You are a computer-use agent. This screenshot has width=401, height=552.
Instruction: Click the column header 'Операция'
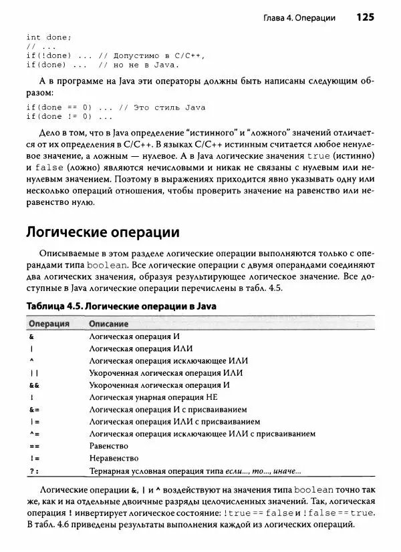(x=49, y=323)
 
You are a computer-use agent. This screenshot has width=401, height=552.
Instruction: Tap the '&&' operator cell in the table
(x=34, y=385)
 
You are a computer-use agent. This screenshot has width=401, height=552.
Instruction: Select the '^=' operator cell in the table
(x=34, y=434)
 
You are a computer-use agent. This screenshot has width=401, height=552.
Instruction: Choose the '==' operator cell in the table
(x=34, y=446)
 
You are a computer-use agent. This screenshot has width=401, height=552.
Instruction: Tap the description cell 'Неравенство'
(x=114, y=459)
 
